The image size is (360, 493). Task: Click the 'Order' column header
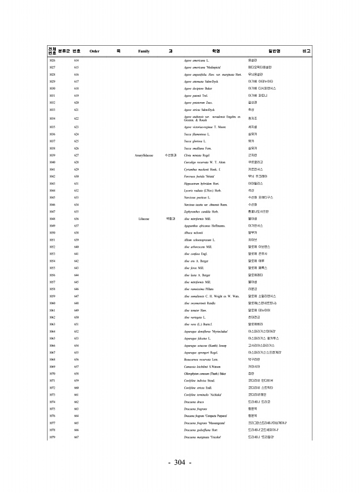[x=94, y=52]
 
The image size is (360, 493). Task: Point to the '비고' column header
[x=306, y=52]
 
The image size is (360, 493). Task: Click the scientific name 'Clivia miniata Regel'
[x=198, y=154]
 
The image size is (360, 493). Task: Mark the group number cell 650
[x=76, y=317]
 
